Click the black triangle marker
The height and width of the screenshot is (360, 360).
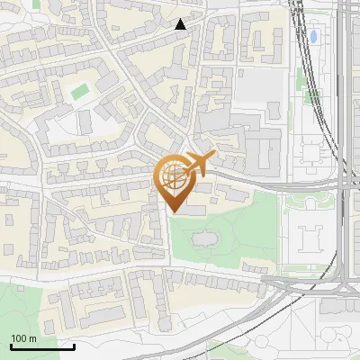pyautogui.click(x=181, y=24)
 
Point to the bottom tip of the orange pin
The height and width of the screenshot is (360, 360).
pyautogui.click(x=175, y=212)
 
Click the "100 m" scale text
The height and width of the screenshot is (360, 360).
pyautogui.click(x=23, y=337)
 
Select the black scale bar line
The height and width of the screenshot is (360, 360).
pyautogui.click(x=42, y=346)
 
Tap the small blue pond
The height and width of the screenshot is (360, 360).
pyautogui.click(x=314, y=38)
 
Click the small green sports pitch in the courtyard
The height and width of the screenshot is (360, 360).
pyautogui.click(x=81, y=91)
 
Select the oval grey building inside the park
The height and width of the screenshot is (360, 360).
pyautogui.click(x=202, y=238)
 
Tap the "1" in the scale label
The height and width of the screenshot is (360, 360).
pyautogui.click(x=13, y=337)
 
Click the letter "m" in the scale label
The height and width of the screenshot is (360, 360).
pyautogui.click(x=33, y=338)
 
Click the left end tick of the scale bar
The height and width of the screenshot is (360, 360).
pyautogui.click(x=11, y=345)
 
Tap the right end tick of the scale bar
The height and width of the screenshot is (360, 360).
pyautogui.click(x=75, y=345)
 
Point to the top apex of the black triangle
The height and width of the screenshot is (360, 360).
pyautogui.click(x=181, y=19)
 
